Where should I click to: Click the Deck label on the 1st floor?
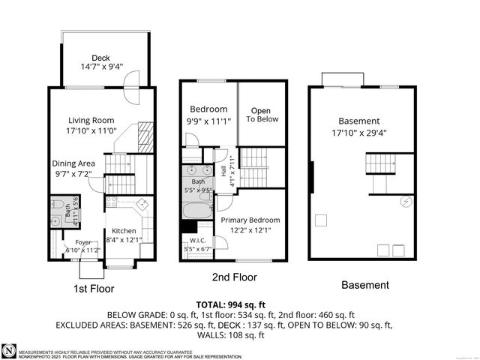pyautogui.click(x=100, y=58)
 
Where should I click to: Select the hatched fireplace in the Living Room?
pyautogui.click(x=145, y=136)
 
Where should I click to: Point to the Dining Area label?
pyautogui.click(x=73, y=163)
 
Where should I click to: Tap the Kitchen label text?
pyautogui.click(x=123, y=230)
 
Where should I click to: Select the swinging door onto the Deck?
pyautogui.click(x=132, y=79)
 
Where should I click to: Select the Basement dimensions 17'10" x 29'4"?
pyautogui.click(x=358, y=133)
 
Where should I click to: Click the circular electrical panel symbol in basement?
pyautogui.click(x=406, y=200)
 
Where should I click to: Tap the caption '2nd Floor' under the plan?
pyautogui.click(x=234, y=277)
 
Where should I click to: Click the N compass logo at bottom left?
pyautogui.click(x=8, y=351)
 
